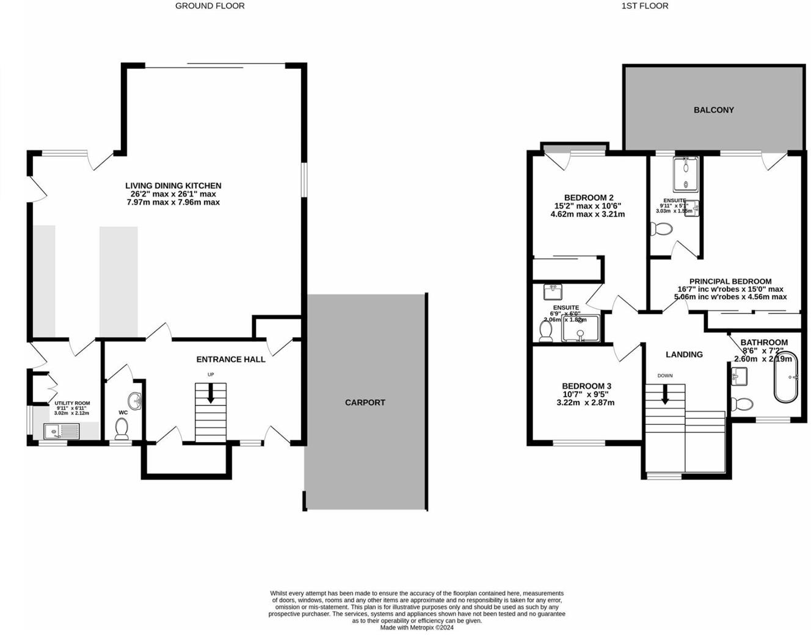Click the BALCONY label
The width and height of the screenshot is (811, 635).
713,110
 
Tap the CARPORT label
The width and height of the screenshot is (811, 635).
365,402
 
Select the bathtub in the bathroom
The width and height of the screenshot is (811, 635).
785,377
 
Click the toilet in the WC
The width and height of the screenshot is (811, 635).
122,429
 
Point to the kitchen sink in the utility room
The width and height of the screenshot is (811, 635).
61,432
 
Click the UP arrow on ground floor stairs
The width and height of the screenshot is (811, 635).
211,393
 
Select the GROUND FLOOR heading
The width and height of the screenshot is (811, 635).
209,5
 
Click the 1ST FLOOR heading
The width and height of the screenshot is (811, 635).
644,5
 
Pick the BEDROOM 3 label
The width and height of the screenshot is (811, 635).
586,386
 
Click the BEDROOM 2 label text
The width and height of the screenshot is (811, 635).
588,197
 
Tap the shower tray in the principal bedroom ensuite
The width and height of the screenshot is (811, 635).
686,174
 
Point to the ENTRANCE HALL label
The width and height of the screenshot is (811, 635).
230,359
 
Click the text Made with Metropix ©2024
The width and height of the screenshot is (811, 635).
416,627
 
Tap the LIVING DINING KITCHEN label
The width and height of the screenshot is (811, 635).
173,186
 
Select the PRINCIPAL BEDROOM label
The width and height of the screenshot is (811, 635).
730,281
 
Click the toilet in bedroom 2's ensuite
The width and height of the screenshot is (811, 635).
546,330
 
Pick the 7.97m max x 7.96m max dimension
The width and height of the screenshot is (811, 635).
173,202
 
